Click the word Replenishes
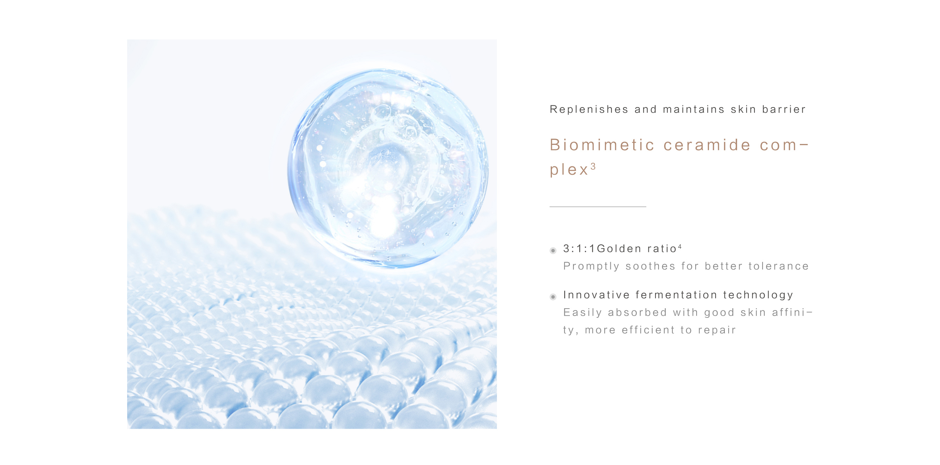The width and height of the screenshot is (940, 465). coord(589,110)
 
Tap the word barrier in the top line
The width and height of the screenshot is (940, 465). coord(784,109)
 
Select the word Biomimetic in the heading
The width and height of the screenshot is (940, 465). coord(602,145)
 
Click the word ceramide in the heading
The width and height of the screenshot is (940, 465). coord(707,145)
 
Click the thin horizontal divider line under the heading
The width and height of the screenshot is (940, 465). coord(598,206)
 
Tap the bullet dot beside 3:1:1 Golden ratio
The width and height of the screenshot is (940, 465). coord(553,250)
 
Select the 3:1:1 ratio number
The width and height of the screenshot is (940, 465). coord(579,249)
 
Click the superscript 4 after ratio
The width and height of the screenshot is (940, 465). coord(679,247)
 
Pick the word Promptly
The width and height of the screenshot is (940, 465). coord(591,266)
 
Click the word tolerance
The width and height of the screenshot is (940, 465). coord(778,266)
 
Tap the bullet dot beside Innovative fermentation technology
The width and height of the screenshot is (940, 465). coord(553,297)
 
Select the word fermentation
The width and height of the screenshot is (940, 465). coord(676,294)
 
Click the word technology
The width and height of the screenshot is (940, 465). coord(758,295)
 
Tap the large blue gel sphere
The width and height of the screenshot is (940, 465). coord(387,168)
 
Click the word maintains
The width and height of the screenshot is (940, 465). coord(693,110)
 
